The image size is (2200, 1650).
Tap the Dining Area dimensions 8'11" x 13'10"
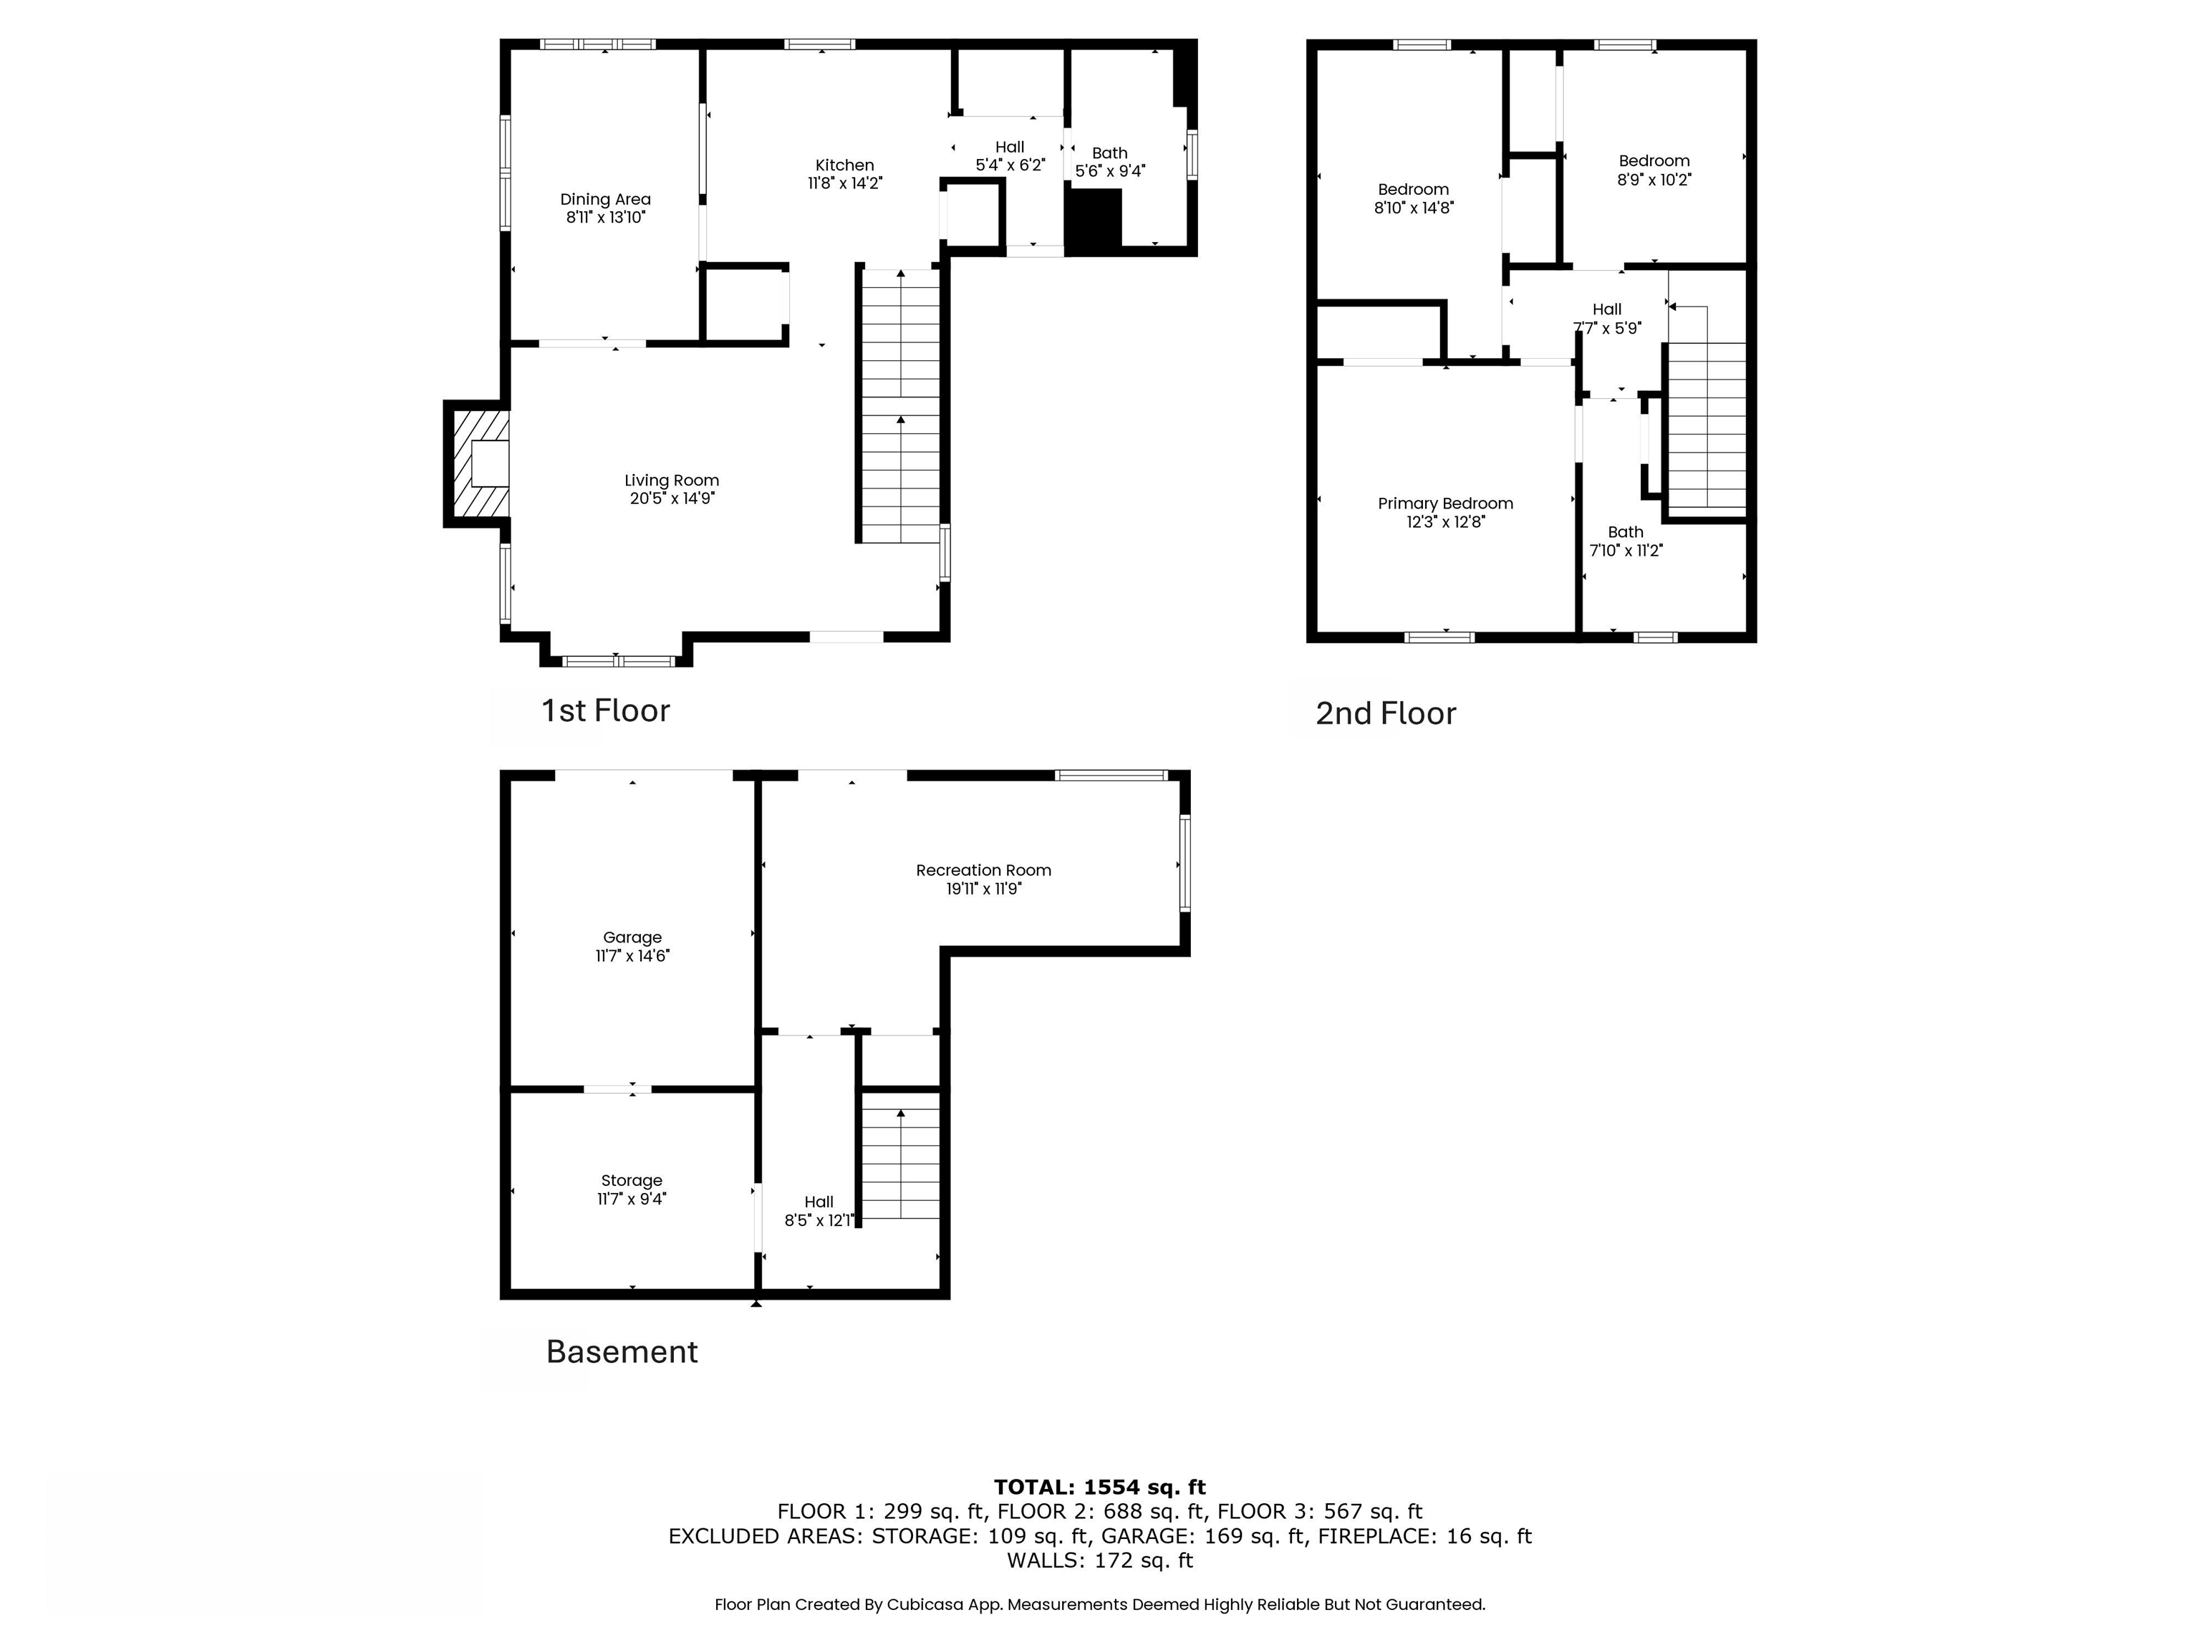click(606, 218)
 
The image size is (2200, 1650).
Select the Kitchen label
click(844, 165)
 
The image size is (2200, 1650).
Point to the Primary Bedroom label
click(1445, 503)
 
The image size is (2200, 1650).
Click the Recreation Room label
click(984, 870)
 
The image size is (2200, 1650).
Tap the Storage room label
click(632, 1180)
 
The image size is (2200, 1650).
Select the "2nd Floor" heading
click(1386, 713)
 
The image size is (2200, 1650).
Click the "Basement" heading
click(622, 1351)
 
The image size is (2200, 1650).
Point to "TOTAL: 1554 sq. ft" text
click(1099, 1487)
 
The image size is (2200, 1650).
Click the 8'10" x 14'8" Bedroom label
click(1413, 189)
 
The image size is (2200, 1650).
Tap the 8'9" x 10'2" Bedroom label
click(1654, 160)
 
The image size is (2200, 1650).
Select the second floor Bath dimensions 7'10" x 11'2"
click(1626, 550)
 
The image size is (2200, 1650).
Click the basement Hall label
click(819, 1202)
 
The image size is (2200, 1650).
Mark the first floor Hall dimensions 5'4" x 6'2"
click(1010, 165)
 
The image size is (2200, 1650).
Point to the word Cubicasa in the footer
click(924, 1604)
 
